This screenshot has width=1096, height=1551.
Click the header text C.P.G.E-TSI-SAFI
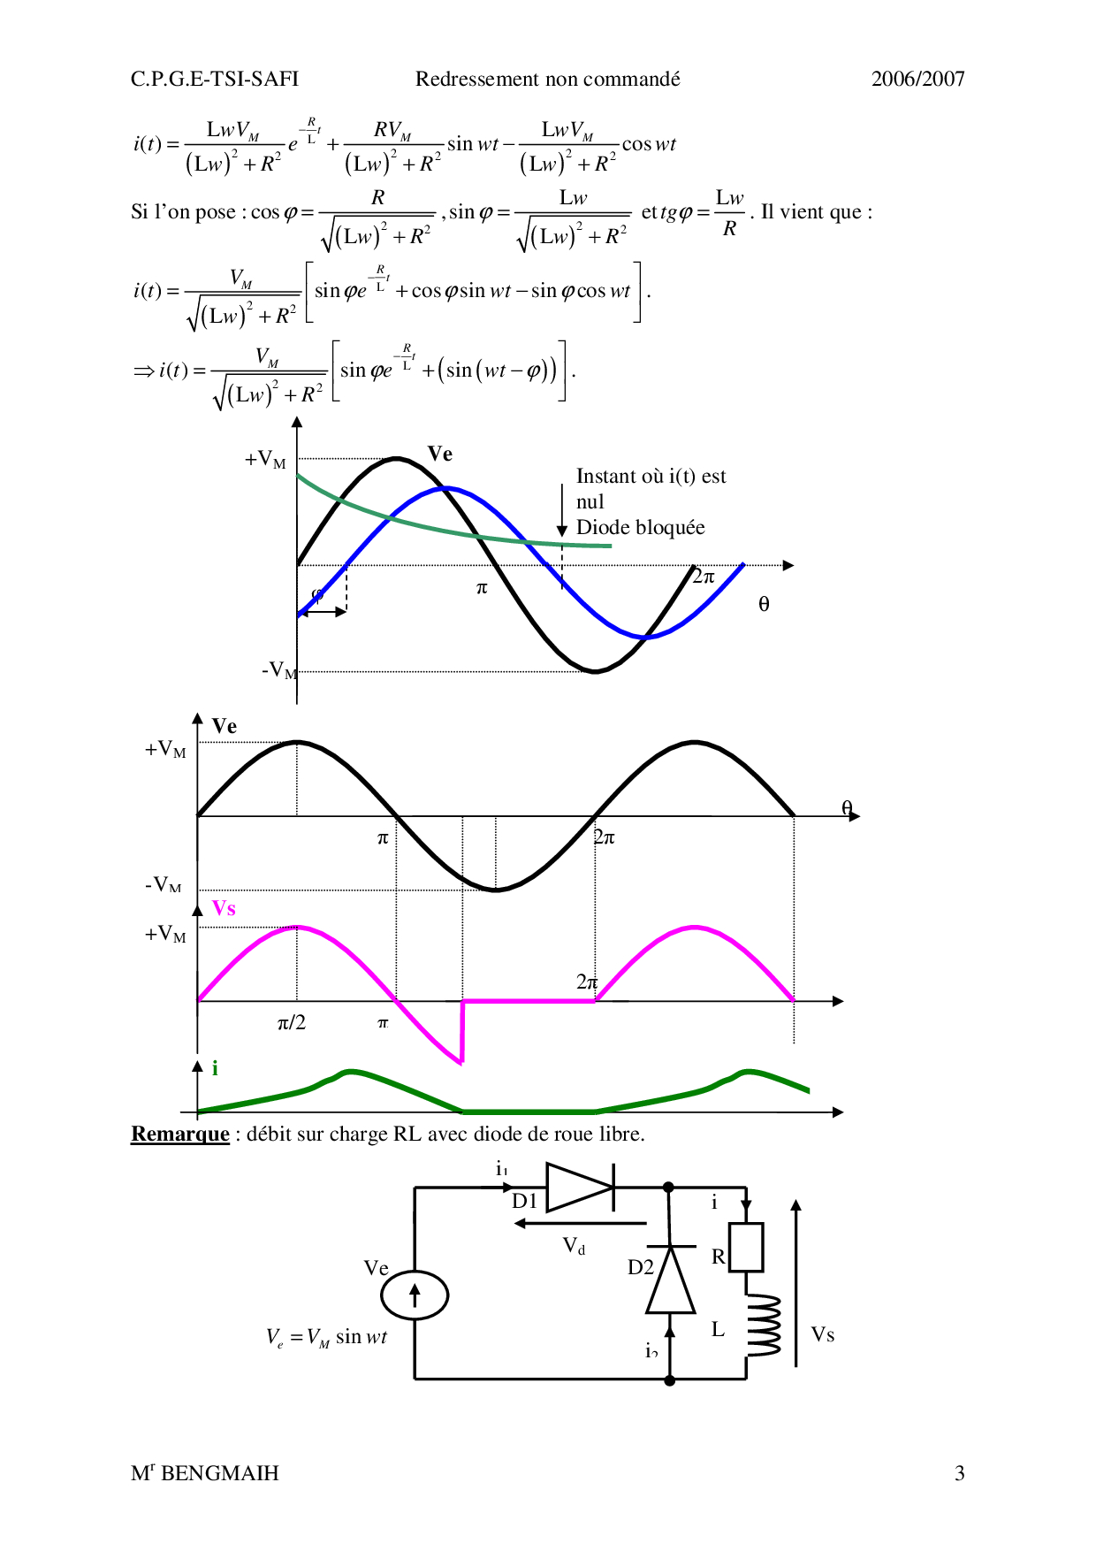[215, 79]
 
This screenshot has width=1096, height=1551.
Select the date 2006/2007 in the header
[917, 79]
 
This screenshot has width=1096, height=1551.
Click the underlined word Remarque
[180, 1135]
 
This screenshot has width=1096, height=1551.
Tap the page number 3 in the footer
[960, 1473]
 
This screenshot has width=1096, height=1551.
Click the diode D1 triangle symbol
[581, 1188]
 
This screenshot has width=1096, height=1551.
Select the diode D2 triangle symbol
[671, 1279]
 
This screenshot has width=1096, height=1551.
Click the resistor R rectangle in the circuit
[746, 1248]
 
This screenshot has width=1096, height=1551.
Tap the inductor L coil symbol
[762, 1325]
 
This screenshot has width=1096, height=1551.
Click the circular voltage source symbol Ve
[415, 1295]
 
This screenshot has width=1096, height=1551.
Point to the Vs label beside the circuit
[823, 1334]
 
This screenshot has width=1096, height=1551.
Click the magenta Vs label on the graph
[224, 908]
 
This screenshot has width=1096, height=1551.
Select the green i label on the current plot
[215, 1068]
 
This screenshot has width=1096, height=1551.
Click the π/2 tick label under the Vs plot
[292, 1023]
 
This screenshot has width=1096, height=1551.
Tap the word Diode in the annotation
[604, 528]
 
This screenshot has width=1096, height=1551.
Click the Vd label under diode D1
[575, 1246]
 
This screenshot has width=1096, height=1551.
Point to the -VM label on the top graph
[279, 669]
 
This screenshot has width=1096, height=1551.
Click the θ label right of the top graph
[764, 604]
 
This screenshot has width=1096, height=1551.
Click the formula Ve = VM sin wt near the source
[327, 1337]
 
